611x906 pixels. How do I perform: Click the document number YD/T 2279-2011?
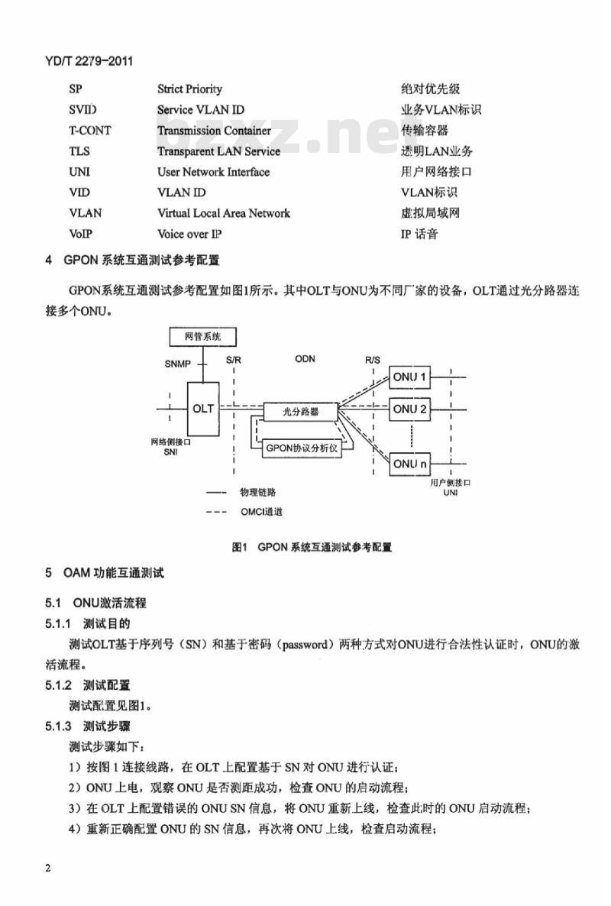coord(89,60)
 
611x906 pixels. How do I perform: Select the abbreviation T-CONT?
coord(90,131)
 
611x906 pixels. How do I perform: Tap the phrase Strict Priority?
coord(189,89)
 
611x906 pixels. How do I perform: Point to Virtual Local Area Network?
coord(224,213)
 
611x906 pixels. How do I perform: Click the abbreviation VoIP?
coord(80,234)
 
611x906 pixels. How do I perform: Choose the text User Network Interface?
coord(213,172)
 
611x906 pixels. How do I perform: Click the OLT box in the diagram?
coord(203,409)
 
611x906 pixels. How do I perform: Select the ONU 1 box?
coord(409,377)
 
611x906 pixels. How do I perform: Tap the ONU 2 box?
coord(409,409)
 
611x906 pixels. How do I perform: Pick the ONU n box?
coord(409,464)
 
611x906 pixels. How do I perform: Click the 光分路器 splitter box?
coord(300,412)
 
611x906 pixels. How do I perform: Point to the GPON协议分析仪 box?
coord(302,448)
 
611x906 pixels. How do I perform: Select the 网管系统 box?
coord(202,336)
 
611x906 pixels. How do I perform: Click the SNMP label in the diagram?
coord(177,364)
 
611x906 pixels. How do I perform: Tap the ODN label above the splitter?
coord(305,359)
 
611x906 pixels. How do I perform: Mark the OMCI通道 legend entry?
coord(261,512)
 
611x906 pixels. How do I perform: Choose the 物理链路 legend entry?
coord(258,492)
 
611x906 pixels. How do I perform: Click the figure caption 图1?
coord(239,547)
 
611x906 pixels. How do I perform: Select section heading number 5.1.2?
coord(58,685)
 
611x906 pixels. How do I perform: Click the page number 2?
coord(48,868)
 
